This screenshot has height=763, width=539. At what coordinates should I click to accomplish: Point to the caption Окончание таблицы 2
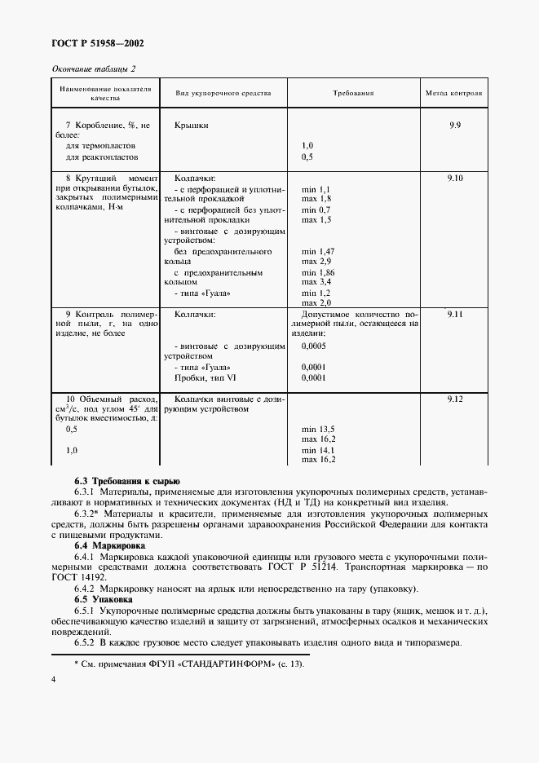coord(94,69)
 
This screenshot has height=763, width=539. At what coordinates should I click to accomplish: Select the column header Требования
coord(353,93)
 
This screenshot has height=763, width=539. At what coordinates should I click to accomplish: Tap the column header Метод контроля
coord(453,93)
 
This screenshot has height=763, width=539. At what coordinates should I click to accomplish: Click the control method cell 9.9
coord(454,125)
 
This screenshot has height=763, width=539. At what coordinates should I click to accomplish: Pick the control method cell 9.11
coord(454,313)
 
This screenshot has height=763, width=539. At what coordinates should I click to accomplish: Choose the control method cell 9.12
coord(454,398)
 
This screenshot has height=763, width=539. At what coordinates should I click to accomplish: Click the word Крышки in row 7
coord(191,126)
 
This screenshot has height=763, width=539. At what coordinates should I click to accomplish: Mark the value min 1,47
coord(317,252)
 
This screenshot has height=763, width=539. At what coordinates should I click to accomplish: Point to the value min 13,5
coord(318,429)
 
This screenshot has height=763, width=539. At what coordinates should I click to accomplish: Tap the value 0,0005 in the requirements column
coord(314,346)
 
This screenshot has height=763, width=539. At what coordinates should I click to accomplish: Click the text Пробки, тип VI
coord(204,378)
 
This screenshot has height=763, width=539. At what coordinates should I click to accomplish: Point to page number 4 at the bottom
coord(53,701)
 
